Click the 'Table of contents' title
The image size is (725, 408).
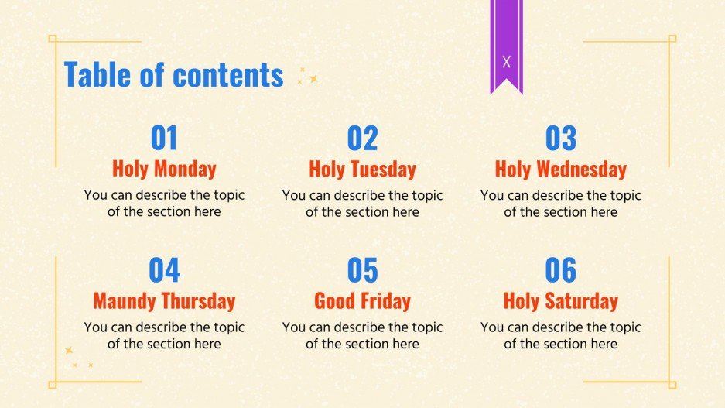click(x=173, y=75)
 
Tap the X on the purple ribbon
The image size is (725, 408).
click(x=506, y=62)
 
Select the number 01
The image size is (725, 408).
click(x=164, y=139)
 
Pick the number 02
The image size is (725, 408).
click(x=362, y=139)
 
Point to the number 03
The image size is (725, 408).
click(x=561, y=139)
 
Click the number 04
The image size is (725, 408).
click(x=164, y=270)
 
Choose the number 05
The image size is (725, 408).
click(x=362, y=270)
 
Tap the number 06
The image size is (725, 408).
click(x=561, y=270)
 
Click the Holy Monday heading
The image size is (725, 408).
click(x=164, y=169)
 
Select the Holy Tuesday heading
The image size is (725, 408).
click(x=362, y=169)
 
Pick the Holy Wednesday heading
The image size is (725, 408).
click(x=561, y=169)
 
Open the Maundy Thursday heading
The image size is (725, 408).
click(x=164, y=300)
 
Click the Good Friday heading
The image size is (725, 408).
click(x=362, y=300)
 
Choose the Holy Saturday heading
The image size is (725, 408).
click(x=561, y=300)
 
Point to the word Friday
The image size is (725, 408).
click(x=384, y=300)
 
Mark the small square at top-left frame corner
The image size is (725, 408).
click(x=53, y=38)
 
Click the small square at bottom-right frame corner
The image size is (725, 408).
click(x=672, y=384)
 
